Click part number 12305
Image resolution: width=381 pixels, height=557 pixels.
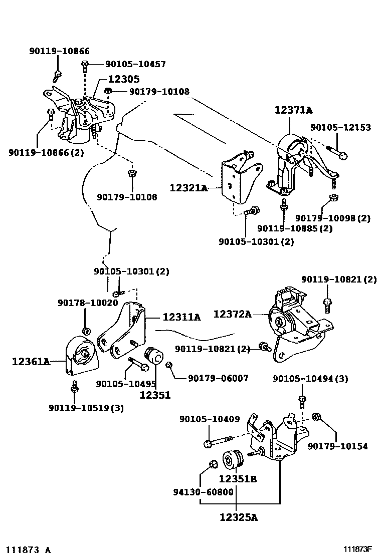(x=123, y=79)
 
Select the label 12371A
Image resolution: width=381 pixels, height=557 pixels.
(x=293, y=111)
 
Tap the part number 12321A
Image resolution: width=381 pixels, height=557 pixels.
(x=188, y=188)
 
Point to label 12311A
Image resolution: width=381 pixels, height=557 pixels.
(x=181, y=317)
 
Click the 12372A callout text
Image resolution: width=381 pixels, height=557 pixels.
(x=232, y=314)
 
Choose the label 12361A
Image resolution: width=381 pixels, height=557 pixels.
(x=31, y=361)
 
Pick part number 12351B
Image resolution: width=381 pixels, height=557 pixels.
(x=238, y=478)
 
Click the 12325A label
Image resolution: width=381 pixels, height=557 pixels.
(x=238, y=517)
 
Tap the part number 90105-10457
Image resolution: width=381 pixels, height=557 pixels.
(x=135, y=64)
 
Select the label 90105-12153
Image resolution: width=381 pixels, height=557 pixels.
(x=340, y=127)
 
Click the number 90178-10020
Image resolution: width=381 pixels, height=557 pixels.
(x=88, y=303)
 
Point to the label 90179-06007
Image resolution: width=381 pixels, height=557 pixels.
(x=218, y=378)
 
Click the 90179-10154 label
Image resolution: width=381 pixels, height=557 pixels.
(x=337, y=446)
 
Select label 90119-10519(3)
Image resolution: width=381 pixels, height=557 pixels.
(x=86, y=408)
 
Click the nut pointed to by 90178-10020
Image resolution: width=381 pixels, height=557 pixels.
(x=85, y=330)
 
